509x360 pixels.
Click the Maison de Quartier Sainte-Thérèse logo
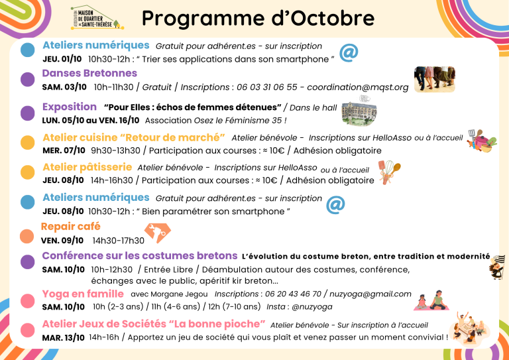pyautogui.click(x=97, y=17)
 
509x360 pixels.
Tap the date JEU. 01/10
pyautogui.click(x=62, y=59)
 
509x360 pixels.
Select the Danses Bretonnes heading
pyautogui.click(x=89, y=73)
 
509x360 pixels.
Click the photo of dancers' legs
pyautogui.click(x=435, y=79)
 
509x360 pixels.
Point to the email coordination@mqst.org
pyautogui.click(x=358, y=88)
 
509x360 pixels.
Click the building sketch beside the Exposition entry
pyautogui.click(x=359, y=110)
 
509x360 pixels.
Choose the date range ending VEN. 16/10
pyautogui.click(x=91, y=121)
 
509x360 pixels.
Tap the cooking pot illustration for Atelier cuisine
pyautogui.click(x=482, y=141)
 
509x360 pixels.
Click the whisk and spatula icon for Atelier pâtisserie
pyautogui.click(x=389, y=172)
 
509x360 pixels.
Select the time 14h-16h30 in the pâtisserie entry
pyautogui.click(x=111, y=180)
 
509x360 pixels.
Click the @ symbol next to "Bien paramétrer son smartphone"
pyautogui.click(x=335, y=205)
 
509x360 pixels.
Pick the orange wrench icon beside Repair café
pyautogui.click(x=158, y=233)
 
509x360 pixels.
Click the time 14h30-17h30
pyautogui.click(x=119, y=241)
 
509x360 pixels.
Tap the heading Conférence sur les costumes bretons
pyautogui.click(x=140, y=256)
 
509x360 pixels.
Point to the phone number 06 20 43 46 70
pyautogui.click(x=293, y=294)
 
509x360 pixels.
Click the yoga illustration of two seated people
pyautogui.click(x=431, y=300)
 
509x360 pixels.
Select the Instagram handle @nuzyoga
pyautogui.click(x=312, y=307)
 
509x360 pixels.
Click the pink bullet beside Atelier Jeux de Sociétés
pyautogui.click(x=28, y=330)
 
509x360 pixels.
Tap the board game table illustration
pyautogui.click(x=470, y=328)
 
